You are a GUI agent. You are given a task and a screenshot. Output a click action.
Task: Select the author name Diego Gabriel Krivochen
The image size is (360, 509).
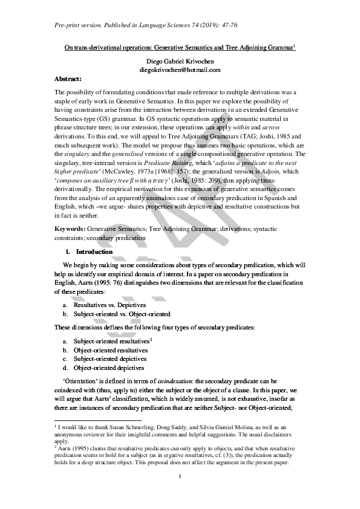[x=180, y=62]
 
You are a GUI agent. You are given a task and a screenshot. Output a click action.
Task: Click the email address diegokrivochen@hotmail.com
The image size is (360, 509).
[x=180, y=70]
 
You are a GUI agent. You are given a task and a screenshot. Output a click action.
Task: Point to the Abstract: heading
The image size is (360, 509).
[x=68, y=79]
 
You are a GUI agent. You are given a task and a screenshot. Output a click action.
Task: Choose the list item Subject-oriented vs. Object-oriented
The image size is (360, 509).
[x=122, y=314]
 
